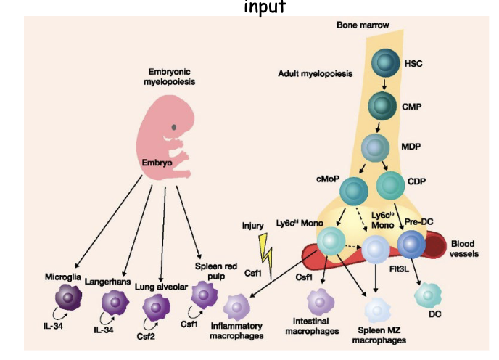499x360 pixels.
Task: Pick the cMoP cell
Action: coord(354,192)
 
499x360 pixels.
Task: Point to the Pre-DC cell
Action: coord(411,245)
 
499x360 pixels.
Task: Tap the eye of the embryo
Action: coord(174,128)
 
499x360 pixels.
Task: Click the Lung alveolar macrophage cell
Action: coord(156,308)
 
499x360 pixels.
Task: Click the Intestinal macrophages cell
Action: coord(319,301)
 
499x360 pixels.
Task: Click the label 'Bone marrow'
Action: coord(363,25)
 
